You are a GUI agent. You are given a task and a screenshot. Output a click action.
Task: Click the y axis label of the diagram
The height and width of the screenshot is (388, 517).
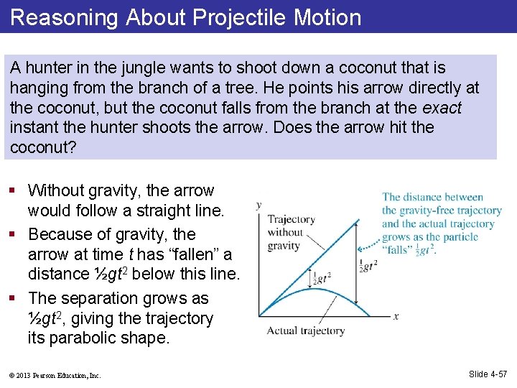pyautogui.click(x=259, y=205)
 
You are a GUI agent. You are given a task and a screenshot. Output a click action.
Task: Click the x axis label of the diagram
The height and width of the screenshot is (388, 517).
pyautogui.click(x=396, y=316)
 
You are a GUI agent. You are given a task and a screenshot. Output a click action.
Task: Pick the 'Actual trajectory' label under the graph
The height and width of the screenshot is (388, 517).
pyautogui.click(x=305, y=331)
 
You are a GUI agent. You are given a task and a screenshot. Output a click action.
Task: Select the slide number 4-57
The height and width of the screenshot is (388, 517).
pyautogui.click(x=488, y=374)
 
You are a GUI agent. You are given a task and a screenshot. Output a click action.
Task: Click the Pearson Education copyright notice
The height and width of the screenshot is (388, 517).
pyautogui.click(x=55, y=375)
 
